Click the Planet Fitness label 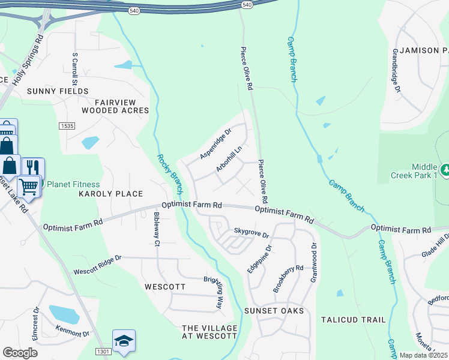[73, 184]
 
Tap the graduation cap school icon [123, 341]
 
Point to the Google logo [19, 353]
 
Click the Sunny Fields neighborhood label [58, 91]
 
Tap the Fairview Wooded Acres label [115, 106]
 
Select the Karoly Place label [111, 194]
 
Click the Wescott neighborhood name [165, 287]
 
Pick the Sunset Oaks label [274, 311]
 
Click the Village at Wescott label [209, 332]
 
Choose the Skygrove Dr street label [251, 232]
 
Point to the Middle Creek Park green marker [445, 170]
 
